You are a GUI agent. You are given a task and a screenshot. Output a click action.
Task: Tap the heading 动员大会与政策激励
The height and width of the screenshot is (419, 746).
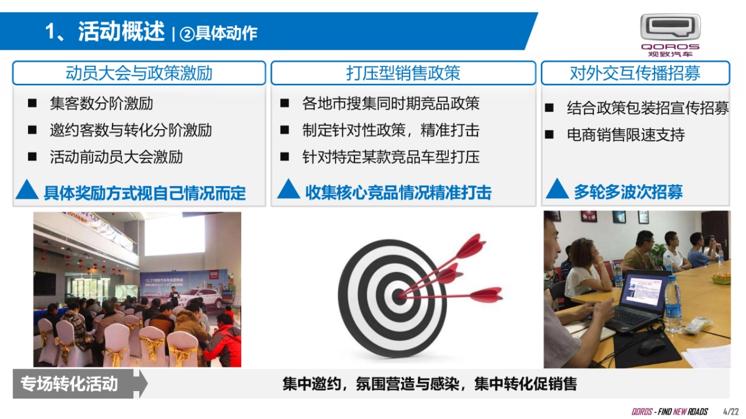pyautogui.click(x=139, y=73)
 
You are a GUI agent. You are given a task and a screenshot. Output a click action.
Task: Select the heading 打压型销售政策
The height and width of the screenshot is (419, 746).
pyautogui.click(x=403, y=73)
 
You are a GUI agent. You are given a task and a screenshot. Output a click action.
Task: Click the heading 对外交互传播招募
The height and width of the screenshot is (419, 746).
pyautogui.click(x=635, y=73)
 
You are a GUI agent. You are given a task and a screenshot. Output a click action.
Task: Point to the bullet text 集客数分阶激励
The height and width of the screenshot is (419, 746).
pyautogui.click(x=101, y=103)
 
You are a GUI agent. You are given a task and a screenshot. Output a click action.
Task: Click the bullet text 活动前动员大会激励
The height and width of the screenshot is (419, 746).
pyautogui.click(x=116, y=156)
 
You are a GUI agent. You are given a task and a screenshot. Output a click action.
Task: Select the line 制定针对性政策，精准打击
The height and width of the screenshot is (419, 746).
pyautogui.click(x=391, y=130)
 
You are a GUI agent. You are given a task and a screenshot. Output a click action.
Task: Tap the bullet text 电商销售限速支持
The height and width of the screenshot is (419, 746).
pyautogui.click(x=625, y=135)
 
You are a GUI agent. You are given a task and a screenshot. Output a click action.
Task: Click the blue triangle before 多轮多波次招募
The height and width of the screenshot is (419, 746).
pyautogui.click(x=557, y=189)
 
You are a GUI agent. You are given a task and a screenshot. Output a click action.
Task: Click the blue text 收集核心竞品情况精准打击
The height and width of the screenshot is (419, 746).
pyautogui.click(x=398, y=192)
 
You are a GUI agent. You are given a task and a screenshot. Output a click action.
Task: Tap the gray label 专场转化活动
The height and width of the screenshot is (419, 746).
pyautogui.click(x=69, y=384)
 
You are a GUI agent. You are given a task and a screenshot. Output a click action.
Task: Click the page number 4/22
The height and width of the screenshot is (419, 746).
pyautogui.click(x=731, y=412)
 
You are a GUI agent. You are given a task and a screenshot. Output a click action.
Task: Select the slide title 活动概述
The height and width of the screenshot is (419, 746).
pyautogui.click(x=121, y=31)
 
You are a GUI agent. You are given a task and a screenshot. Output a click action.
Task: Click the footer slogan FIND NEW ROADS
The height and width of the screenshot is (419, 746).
pyautogui.click(x=680, y=412)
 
